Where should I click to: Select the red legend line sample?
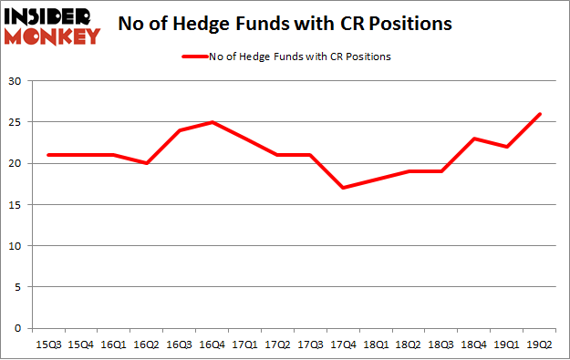pos(201,57)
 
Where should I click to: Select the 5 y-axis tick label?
pos(19,287)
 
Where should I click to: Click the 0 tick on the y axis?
pos(19,328)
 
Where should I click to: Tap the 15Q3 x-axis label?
pos(47,344)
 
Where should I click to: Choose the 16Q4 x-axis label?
pos(211,344)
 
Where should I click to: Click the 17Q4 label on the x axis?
pos(341,344)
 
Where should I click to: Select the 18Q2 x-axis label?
pos(407,344)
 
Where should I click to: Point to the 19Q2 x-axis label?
pos(537,344)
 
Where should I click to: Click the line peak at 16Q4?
pos(211,122)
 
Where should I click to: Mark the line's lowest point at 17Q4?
pos(341,188)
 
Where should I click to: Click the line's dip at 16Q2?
pos(146,163)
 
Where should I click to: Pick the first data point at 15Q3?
pos(47,155)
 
